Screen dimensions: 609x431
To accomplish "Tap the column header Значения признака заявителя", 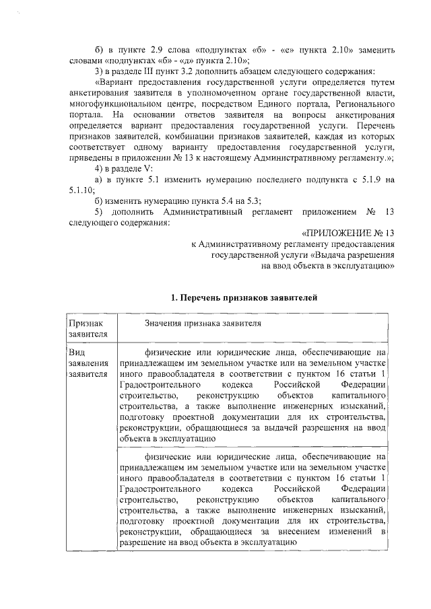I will pos(202,323).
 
